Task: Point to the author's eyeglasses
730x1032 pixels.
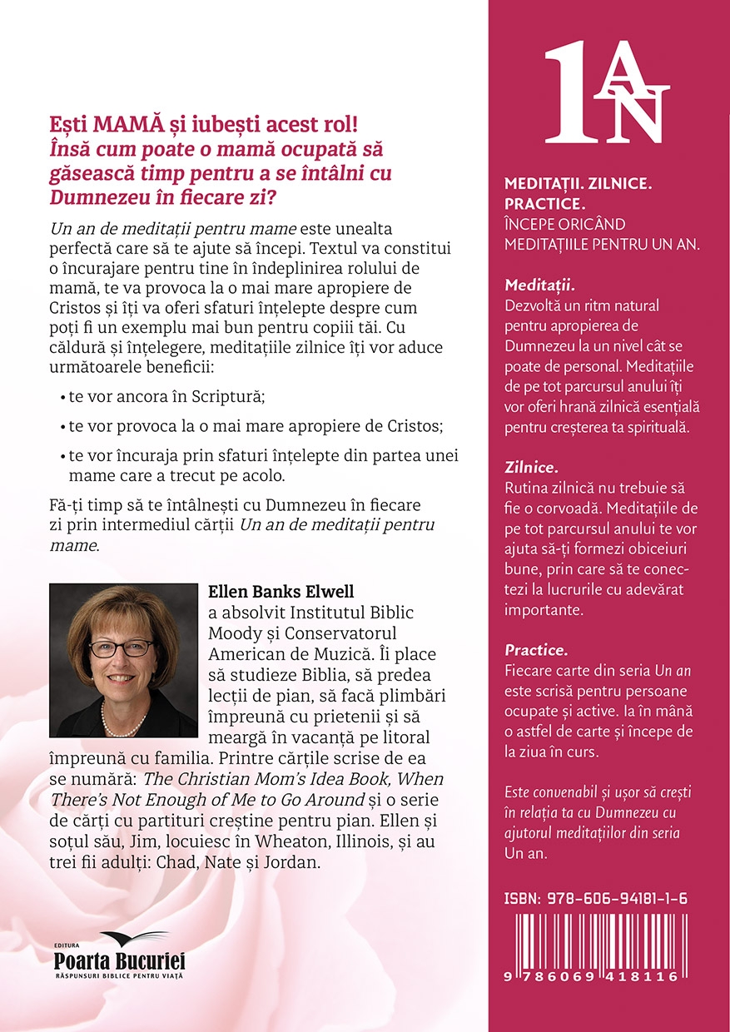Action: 126,648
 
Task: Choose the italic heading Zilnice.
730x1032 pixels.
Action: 532,469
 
